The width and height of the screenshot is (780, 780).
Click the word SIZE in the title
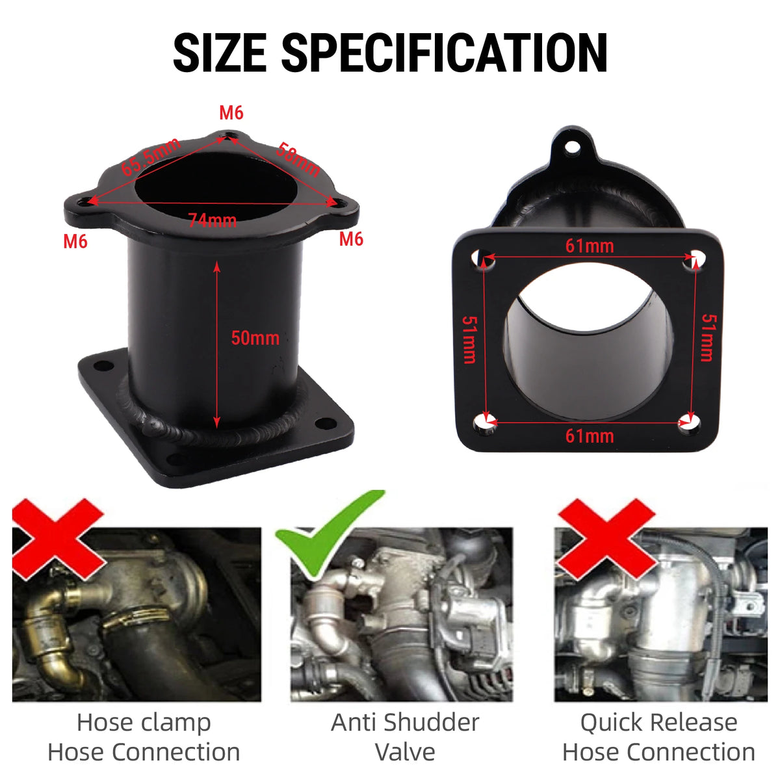(220, 53)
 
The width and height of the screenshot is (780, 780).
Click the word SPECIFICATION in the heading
(444, 53)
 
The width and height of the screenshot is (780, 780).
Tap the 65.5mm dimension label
(151, 157)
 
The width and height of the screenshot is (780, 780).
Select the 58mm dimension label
(298, 159)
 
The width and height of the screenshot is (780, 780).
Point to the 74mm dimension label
(213, 220)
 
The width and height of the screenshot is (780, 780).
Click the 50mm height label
(255, 338)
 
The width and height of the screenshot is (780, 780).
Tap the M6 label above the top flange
(231, 113)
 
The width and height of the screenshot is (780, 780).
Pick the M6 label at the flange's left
(75, 242)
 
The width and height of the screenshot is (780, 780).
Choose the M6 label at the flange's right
(351, 239)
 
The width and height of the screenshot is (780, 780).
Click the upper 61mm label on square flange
(590, 246)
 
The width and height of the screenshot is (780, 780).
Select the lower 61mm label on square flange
(590, 436)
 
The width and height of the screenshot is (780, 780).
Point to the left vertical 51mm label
(469, 339)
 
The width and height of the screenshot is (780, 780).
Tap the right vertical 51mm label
(708, 337)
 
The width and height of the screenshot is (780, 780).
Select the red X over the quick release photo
(606, 538)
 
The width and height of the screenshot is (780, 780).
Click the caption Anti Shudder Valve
(405, 737)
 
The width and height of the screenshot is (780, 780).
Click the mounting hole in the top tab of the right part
(572, 147)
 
